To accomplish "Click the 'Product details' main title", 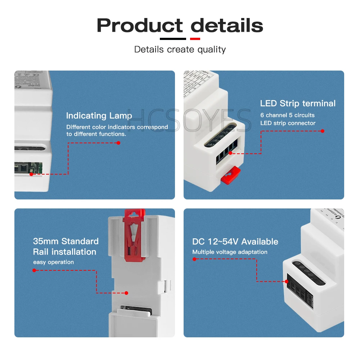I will [180, 26].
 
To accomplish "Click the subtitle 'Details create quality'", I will [180, 49].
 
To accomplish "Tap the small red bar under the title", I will [195, 39].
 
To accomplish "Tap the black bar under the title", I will [173, 39].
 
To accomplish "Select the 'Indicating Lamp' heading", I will [99, 116].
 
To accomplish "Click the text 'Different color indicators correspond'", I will [117, 127].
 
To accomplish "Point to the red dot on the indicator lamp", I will [31, 174].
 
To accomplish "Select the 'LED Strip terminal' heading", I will [298, 103].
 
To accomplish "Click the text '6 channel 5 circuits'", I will [287, 115].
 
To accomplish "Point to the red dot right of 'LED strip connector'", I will [323, 131].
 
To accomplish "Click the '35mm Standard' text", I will [66, 241].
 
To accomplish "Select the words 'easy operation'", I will [53, 262].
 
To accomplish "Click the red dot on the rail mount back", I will [126, 293].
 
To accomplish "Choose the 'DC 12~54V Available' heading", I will [235, 242].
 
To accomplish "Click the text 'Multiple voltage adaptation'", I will [230, 252].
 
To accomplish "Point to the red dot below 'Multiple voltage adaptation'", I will [194, 259].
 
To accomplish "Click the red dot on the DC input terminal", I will [288, 282].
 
